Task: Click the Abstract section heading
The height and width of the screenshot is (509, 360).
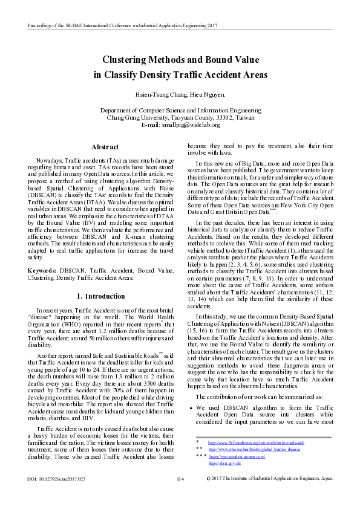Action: coord(104,147)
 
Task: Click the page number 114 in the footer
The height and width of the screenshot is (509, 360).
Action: coord(180,496)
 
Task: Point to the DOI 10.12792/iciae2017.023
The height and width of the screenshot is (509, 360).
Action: coord(57,496)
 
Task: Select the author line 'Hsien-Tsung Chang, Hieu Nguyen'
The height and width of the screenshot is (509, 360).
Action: coord(180,95)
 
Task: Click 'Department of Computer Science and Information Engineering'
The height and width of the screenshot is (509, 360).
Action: coord(180,111)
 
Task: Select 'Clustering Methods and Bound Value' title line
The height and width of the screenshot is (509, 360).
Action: coord(180,60)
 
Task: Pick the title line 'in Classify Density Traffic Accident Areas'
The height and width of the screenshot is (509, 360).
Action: coord(180,74)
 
